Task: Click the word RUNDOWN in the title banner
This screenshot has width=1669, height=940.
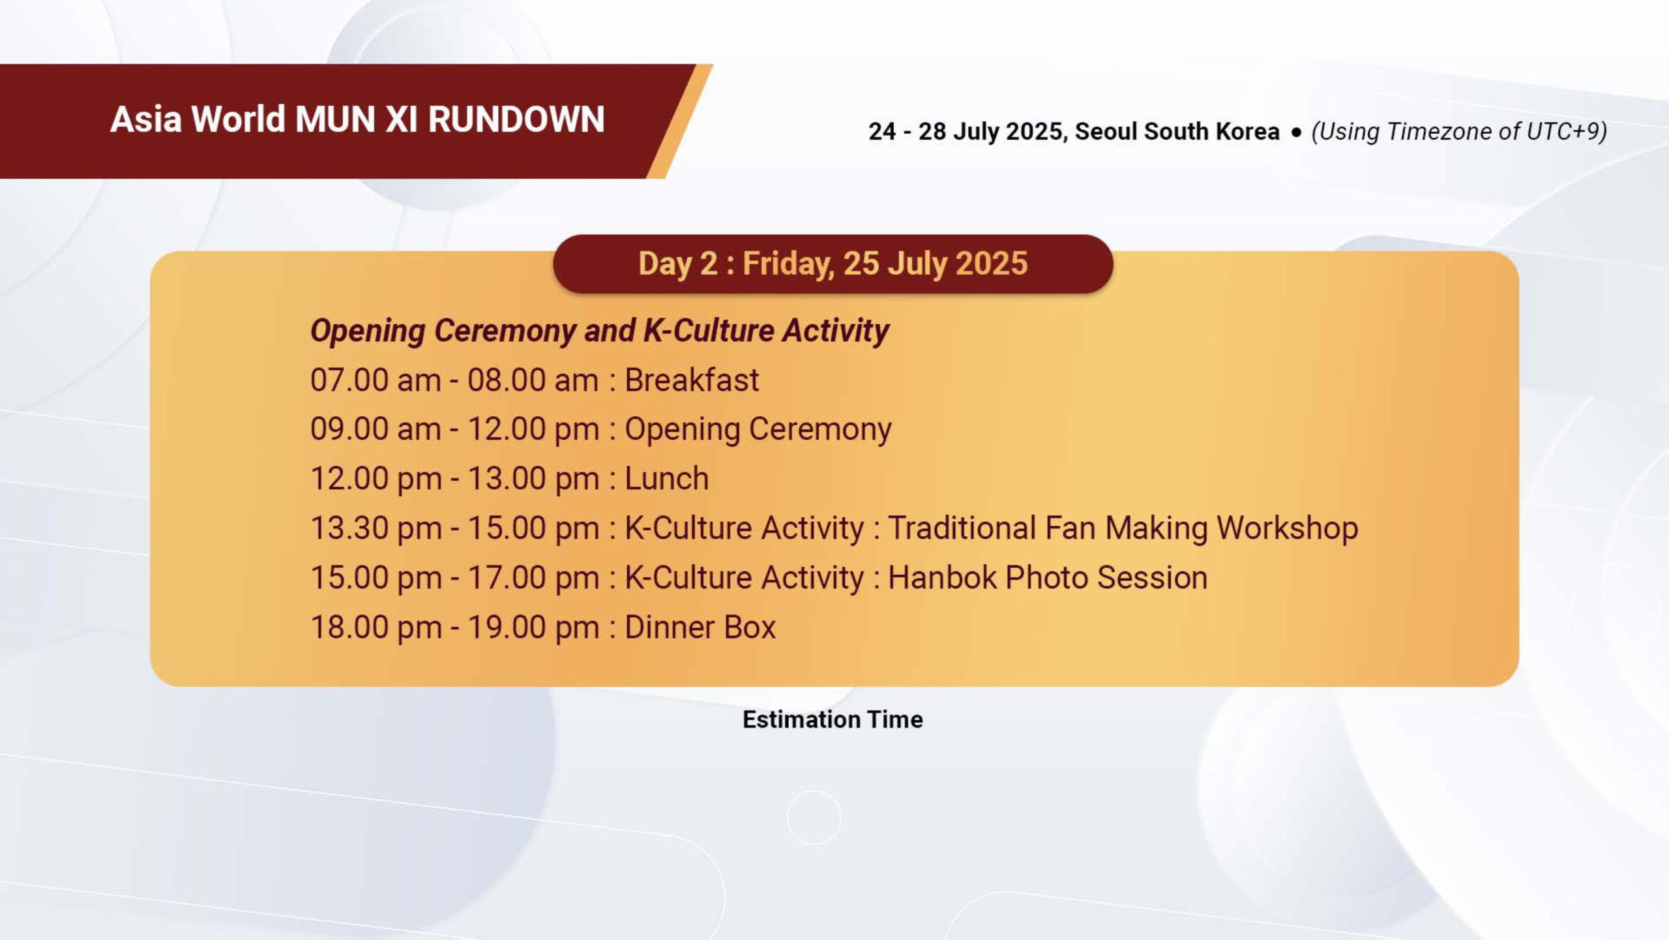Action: point(516,119)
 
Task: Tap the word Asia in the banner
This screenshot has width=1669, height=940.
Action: point(145,119)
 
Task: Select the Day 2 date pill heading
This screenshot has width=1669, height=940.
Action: point(833,264)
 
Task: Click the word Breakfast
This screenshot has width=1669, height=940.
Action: point(692,380)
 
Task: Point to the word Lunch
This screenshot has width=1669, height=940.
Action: point(666,478)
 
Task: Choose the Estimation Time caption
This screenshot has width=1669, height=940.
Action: point(833,720)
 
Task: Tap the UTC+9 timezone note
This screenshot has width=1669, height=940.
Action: point(1459,131)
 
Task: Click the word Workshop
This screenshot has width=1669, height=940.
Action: point(1287,528)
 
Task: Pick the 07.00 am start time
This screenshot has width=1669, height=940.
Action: point(376,380)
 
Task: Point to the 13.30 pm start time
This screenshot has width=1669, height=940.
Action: point(376,528)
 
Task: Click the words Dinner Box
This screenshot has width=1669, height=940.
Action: point(700,627)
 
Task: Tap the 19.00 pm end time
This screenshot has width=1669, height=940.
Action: point(533,628)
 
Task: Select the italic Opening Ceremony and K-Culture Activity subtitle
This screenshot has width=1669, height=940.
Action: point(600,331)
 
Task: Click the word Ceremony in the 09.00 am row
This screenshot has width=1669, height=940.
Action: point(820,430)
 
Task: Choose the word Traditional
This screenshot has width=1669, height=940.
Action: point(962,528)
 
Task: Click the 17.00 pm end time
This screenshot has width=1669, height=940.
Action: point(533,578)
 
